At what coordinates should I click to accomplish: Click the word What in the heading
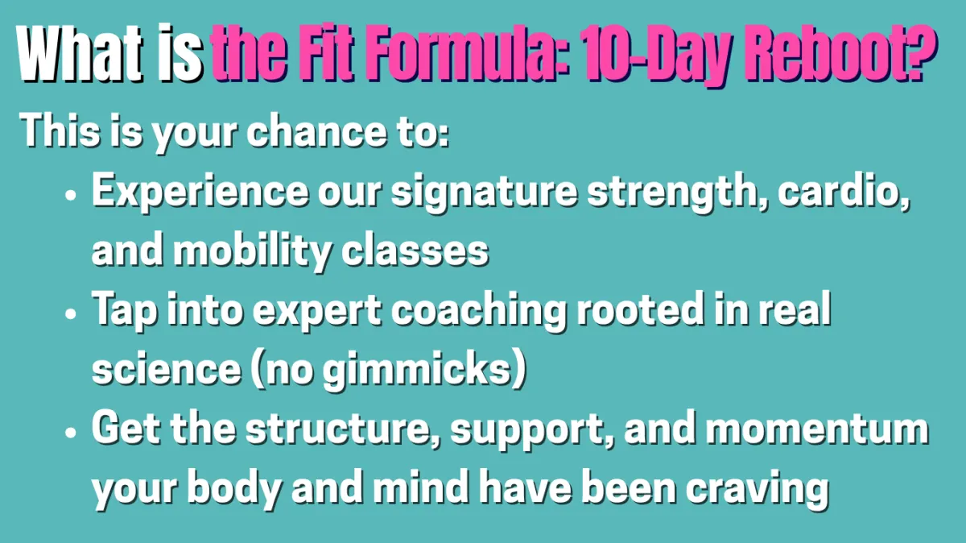80,53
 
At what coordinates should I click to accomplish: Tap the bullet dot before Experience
70,195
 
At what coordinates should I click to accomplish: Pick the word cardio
844,191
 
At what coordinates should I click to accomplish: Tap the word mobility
253,251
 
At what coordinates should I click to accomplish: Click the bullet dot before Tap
70,314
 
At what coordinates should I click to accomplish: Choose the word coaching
479,312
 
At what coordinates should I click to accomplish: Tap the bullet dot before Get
70,432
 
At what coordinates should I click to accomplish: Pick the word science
167,370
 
